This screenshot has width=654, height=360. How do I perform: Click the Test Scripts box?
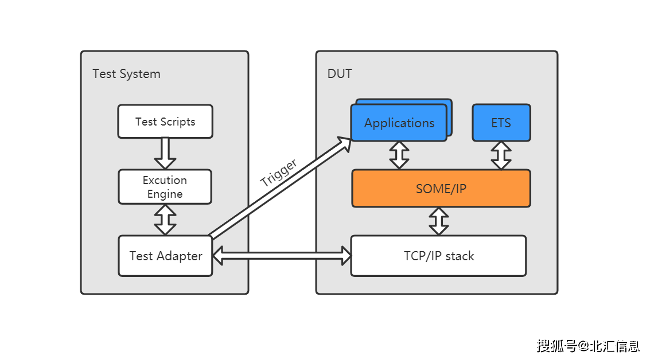pos(165,122)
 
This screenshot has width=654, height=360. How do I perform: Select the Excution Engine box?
pos(165,187)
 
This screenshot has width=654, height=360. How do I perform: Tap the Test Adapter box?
pos(165,256)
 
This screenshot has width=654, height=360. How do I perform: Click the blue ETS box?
pos(501,123)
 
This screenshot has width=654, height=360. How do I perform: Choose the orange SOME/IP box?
pos(441,188)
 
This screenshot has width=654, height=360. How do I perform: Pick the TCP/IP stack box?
pos(439,256)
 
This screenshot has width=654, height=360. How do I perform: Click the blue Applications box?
pos(399,123)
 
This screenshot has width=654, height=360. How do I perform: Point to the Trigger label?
pos(279,173)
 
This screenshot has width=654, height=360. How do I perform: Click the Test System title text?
pos(127,74)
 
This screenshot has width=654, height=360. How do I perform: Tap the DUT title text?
pos(340,74)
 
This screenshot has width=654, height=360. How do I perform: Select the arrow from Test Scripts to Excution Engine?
pos(165,154)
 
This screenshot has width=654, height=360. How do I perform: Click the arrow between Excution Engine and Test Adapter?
pos(165,220)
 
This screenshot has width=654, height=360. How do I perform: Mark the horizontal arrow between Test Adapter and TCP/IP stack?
pos(281,256)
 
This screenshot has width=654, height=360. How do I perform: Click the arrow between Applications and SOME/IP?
pos(399,155)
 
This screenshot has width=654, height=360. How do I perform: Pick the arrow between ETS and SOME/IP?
pos(501,155)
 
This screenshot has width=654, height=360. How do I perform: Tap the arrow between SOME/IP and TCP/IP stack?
pos(439,221)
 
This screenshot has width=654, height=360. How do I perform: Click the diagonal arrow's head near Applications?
pos(345,144)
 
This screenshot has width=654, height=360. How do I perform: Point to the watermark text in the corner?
pos(588,346)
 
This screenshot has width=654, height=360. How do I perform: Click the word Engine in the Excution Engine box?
pos(165,194)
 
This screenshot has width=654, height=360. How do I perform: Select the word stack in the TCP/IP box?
pos(460,256)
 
